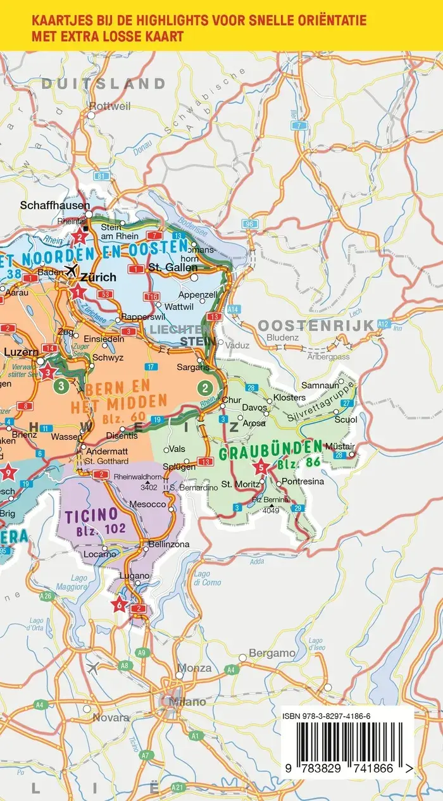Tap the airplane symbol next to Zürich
(72, 270)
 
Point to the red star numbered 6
(119, 604)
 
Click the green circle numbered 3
(61, 385)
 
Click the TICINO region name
(91, 514)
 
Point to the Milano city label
(187, 702)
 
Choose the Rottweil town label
(109, 106)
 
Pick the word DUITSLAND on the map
(113, 84)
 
